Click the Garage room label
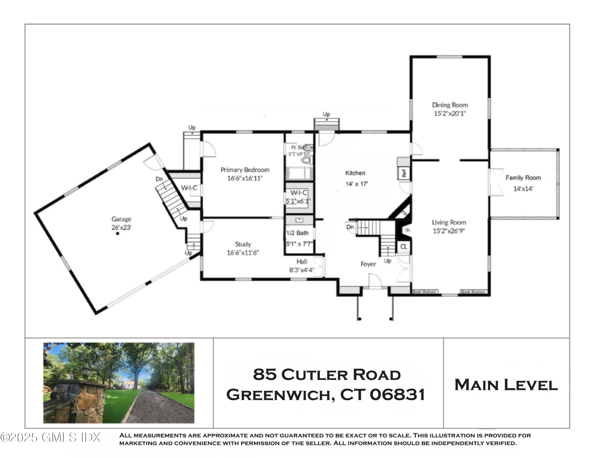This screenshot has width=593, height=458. [x=121, y=219]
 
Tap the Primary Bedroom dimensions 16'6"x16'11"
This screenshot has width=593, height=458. [x=245, y=178]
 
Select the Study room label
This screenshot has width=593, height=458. [x=243, y=244]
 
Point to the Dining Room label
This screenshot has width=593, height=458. [x=450, y=105]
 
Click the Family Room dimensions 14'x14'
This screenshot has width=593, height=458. [x=523, y=188]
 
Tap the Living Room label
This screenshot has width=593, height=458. [x=449, y=222]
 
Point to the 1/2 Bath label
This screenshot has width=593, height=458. [x=297, y=233]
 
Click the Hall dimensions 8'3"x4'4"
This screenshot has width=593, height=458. [x=301, y=270]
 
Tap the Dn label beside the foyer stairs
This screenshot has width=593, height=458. [x=350, y=227]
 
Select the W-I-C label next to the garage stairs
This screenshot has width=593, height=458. [x=189, y=188]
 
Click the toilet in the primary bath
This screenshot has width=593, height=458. [x=307, y=160]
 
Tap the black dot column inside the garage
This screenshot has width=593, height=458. [x=118, y=233]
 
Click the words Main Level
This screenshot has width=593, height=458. [x=506, y=385]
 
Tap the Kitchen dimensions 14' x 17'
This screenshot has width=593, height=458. [x=357, y=184]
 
